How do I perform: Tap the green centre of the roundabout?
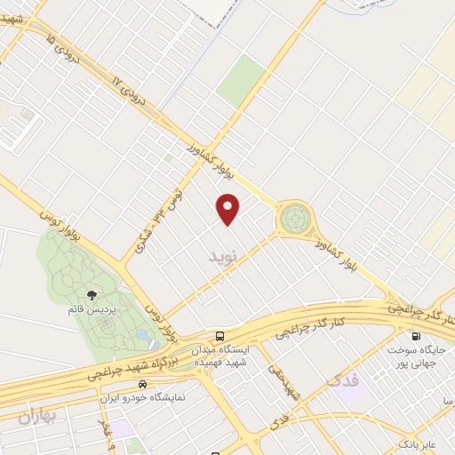295,217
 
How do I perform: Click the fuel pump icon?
415,336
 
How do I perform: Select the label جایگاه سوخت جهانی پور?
415,357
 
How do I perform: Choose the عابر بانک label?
417,442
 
